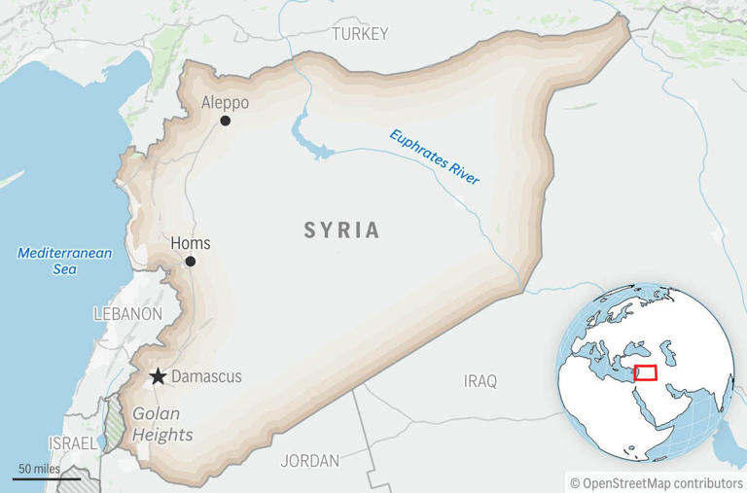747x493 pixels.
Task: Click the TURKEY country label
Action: coord(360,34)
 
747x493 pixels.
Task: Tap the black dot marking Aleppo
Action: coord(226,121)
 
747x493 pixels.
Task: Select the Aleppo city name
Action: coord(225,102)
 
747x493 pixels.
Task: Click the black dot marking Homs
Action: coord(191,262)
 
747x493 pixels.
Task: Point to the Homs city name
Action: coord(190,243)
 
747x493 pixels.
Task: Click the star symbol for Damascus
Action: coord(158,376)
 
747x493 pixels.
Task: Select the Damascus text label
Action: coord(206,376)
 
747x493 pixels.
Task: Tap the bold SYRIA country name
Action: coord(341,230)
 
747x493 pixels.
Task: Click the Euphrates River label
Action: coord(435,158)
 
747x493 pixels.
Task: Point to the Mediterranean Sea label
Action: coord(65,261)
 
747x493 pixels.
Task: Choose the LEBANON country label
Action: coord(127,314)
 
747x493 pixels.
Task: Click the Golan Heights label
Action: coord(162,423)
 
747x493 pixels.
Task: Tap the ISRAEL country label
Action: coord(73,443)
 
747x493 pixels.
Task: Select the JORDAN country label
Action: coord(309,461)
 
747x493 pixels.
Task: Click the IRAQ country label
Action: coord(480,381)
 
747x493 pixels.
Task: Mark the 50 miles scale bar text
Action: coord(39,470)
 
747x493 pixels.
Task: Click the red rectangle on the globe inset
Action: coord(645,373)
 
